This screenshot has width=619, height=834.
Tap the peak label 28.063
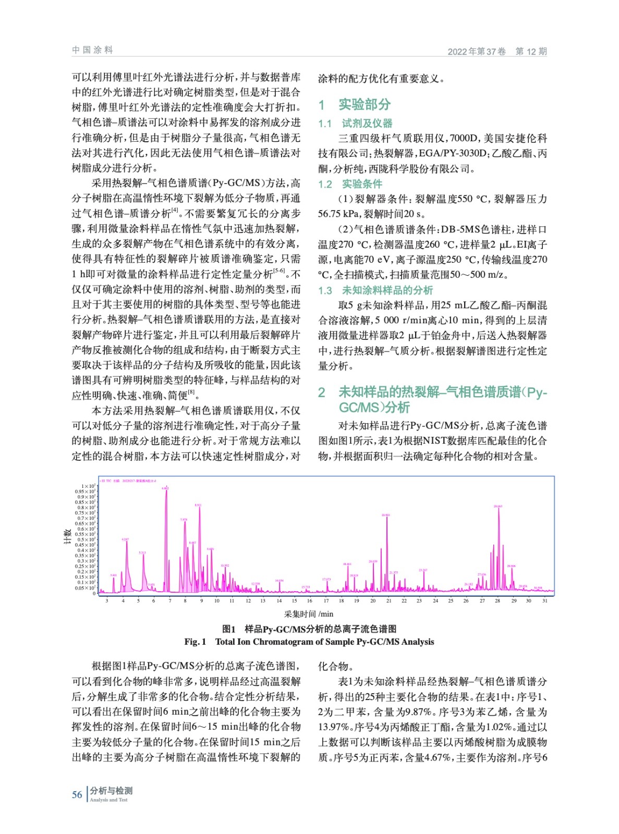(x=497, y=506)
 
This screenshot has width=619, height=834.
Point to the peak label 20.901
(x=386, y=515)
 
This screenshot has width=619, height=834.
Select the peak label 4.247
(x=125, y=539)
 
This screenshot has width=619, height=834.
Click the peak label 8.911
(x=198, y=505)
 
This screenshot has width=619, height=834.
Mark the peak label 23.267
(x=423, y=570)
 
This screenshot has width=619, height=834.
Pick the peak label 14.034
(x=279, y=581)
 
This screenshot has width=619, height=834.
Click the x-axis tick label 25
(x=451, y=601)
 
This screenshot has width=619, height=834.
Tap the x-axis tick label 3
(x=107, y=601)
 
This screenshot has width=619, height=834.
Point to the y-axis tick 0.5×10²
(x=87, y=539)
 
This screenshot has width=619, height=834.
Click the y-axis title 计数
(x=67, y=536)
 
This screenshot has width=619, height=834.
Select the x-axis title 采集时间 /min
(x=309, y=614)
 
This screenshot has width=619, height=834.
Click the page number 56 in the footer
(x=77, y=795)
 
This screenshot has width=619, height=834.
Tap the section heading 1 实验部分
(x=355, y=105)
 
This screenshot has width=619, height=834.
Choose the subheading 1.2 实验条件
(x=350, y=184)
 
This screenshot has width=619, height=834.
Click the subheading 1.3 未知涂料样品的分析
(x=375, y=290)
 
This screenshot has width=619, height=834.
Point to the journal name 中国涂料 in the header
(x=92, y=50)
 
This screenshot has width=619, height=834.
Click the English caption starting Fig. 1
(x=309, y=642)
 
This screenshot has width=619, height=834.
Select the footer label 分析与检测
(x=111, y=791)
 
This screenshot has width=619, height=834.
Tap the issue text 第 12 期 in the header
(x=531, y=51)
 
